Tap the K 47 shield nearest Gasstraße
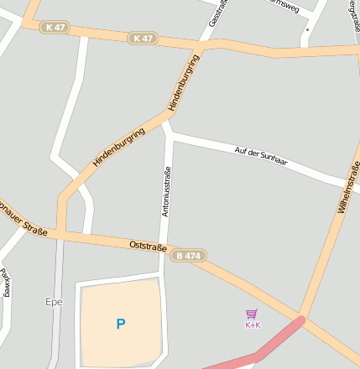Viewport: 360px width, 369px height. click(x=143, y=39)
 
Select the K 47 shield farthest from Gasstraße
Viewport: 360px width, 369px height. click(x=55, y=28)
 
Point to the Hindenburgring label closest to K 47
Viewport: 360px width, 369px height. click(x=185, y=82)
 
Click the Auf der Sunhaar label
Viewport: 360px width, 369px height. click(x=261, y=155)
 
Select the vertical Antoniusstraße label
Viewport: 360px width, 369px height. click(x=166, y=193)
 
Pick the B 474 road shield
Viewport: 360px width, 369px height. click(x=189, y=255)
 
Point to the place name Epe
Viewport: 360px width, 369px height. click(x=54, y=300)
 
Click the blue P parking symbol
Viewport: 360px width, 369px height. click(x=121, y=323)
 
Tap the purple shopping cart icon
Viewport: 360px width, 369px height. click(x=252, y=314)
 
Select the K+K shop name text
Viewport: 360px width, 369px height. click(x=253, y=325)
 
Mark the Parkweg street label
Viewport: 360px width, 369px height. click(x=5, y=285)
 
